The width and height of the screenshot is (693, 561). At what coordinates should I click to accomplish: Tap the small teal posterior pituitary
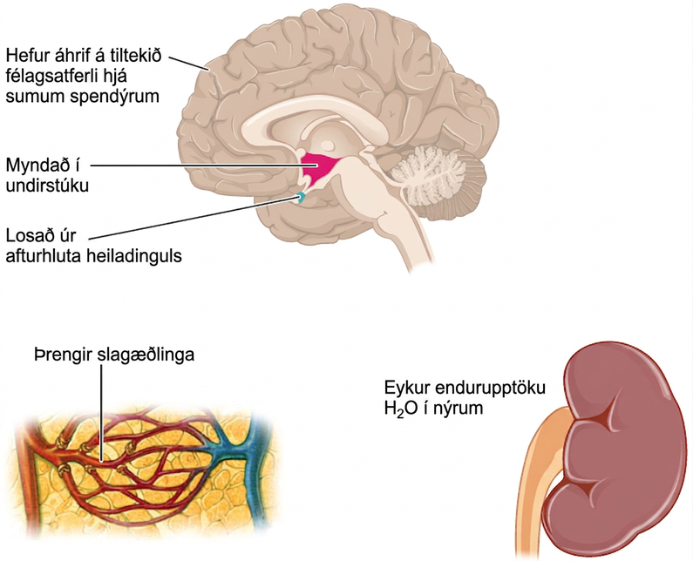pyautogui.click(x=302, y=197)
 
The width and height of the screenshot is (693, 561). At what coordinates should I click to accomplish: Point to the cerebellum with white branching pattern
pyautogui.click(x=435, y=177)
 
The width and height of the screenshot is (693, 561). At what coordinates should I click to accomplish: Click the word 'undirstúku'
pyautogui.click(x=47, y=186)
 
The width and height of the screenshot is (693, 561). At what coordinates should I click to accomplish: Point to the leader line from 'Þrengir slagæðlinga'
pyautogui.click(x=101, y=413)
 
